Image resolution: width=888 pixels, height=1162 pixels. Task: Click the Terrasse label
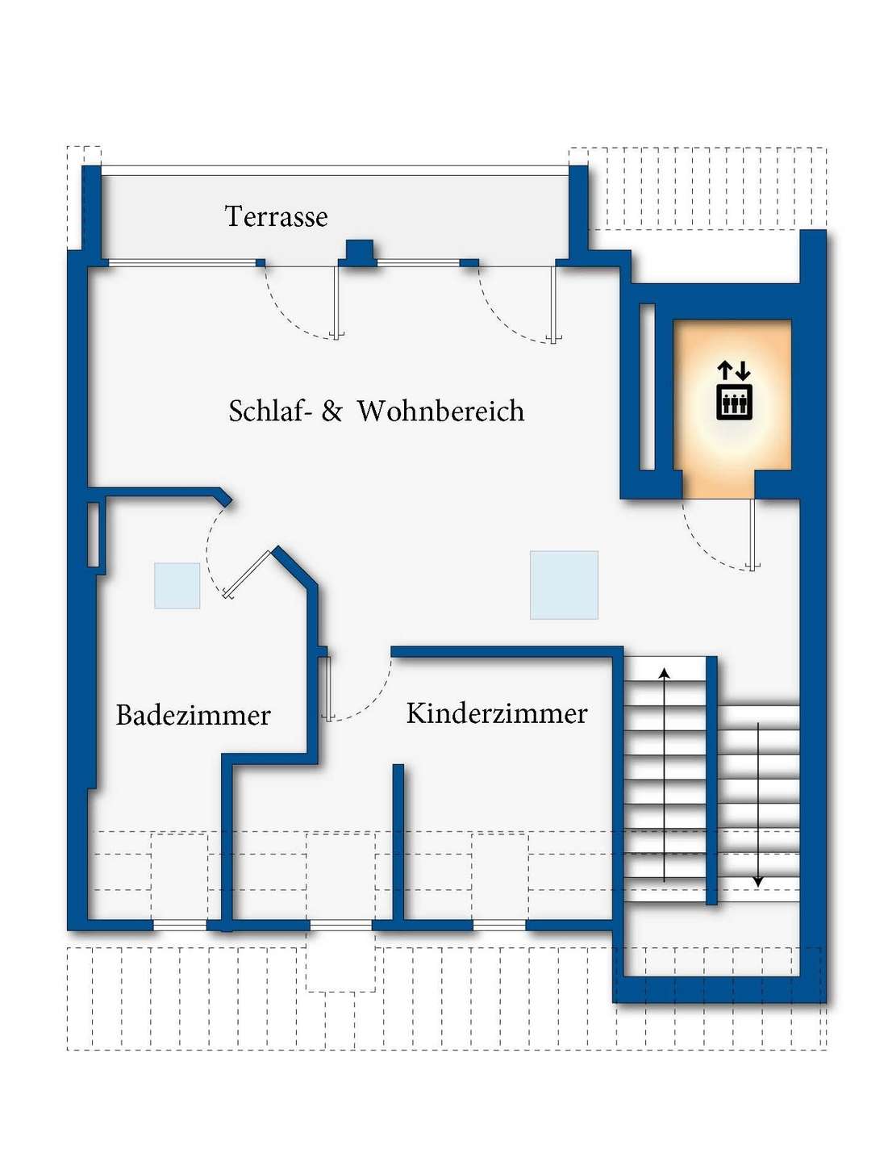pos(276,216)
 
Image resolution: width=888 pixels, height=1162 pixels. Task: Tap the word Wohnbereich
pos(440,412)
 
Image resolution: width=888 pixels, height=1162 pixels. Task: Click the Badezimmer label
pos(193,715)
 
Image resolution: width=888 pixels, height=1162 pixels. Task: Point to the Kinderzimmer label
pos(496,713)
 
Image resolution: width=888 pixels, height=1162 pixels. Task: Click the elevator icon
pos(734,391)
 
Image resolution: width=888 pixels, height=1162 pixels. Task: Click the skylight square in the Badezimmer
pos(177,586)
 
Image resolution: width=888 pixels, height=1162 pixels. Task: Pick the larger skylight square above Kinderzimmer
pos(564,585)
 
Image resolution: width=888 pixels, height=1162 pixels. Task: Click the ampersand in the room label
pos(331,412)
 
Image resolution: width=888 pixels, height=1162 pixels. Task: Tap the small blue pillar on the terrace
pos(358,252)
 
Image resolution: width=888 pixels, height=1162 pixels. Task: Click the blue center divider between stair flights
pos(712,780)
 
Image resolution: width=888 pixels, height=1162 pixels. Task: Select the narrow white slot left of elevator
pos(647,387)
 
